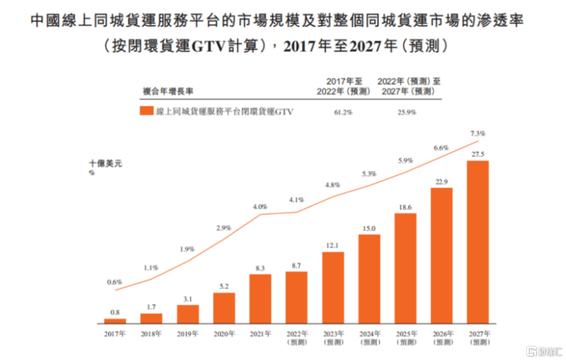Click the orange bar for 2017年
pos(115,321)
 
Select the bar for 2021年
pos(260,298)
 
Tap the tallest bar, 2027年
pos(477,242)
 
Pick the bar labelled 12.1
pos(333,287)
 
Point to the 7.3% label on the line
pos(478,134)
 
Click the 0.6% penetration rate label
pos(115,282)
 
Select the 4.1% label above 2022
pos(296,199)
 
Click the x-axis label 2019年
pos(188,333)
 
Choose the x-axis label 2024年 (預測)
pos(369,337)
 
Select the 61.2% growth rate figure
pos(343,112)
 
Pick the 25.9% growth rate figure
pos(407,112)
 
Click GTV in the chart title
pos(221,46)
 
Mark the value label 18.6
pos(405,207)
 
